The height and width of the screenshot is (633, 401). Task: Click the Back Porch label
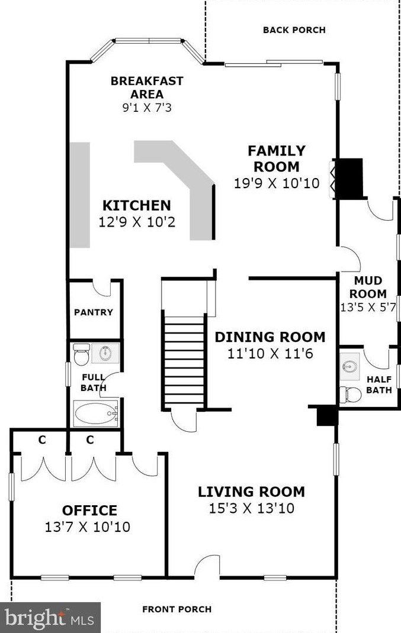[294, 30]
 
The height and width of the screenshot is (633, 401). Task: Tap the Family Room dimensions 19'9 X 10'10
[277, 183]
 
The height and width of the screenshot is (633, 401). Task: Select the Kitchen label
[137, 205]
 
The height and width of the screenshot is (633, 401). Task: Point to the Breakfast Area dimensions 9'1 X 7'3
[147, 108]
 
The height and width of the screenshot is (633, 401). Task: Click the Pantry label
[94, 312]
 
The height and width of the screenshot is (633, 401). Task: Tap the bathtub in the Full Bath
[96, 414]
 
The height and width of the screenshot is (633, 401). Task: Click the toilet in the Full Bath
[82, 354]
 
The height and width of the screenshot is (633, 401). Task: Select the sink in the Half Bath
[349, 367]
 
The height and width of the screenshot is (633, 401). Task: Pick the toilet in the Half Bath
[350, 395]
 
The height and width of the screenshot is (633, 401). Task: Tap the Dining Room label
[270, 337]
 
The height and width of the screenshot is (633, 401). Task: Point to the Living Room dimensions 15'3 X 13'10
[251, 508]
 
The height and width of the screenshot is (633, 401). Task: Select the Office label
[89, 510]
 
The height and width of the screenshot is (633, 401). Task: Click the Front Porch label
[177, 609]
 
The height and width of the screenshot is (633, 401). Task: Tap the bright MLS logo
[50, 618]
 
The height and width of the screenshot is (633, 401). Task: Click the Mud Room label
[368, 287]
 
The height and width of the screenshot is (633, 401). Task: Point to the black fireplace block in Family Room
[349, 179]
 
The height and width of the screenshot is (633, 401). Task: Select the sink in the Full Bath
[105, 353]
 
